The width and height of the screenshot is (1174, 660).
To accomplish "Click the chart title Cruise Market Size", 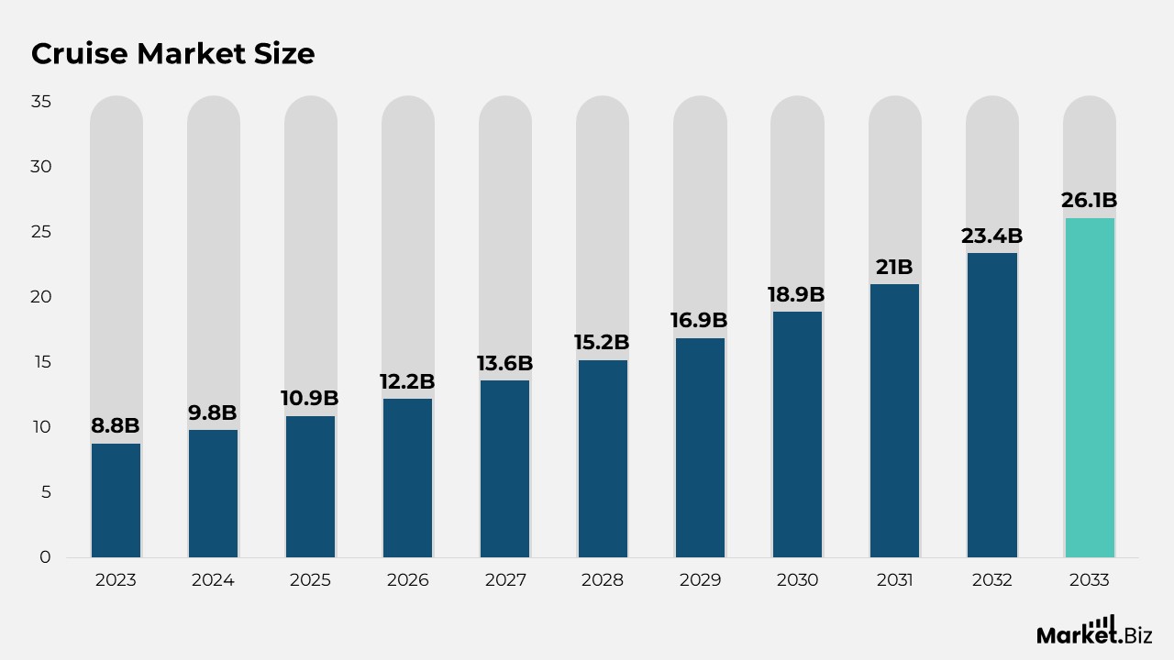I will [x=172, y=54].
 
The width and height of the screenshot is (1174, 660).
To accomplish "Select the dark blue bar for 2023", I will [x=116, y=500].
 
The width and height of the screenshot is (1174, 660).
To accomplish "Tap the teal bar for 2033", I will [x=1090, y=388].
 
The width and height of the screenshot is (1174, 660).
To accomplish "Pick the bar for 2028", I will [x=603, y=458].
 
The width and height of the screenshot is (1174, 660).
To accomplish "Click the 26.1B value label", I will [x=1090, y=200].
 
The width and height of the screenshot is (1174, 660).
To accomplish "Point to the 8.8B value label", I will [x=116, y=425].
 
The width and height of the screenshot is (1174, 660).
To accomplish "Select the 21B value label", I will [x=894, y=267].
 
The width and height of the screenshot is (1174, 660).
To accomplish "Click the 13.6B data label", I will [x=504, y=363].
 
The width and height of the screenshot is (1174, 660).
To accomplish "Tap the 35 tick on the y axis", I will [x=40, y=102].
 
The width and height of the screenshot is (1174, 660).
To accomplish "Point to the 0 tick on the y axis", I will [x=46, y=557].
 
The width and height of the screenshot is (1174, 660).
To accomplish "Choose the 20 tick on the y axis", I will [x=40, y=297].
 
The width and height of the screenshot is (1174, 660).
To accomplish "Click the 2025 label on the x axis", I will [x=310, y=580].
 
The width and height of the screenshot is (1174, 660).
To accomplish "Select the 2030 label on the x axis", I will [x=797, y=580].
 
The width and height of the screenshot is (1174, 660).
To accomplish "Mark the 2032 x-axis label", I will [x=991, y=580].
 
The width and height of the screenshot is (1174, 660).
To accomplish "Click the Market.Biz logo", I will [x=1093, y=632].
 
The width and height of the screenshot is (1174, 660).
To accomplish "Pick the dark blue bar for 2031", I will [x=894, y=421].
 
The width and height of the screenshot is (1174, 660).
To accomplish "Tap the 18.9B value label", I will [x=796, y=294].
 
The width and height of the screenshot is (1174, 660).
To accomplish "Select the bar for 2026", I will [x=407, y=478].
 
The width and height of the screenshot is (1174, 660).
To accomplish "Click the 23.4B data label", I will [x=991, y=236].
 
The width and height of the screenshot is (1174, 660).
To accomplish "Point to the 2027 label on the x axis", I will [x=505, y=580].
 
